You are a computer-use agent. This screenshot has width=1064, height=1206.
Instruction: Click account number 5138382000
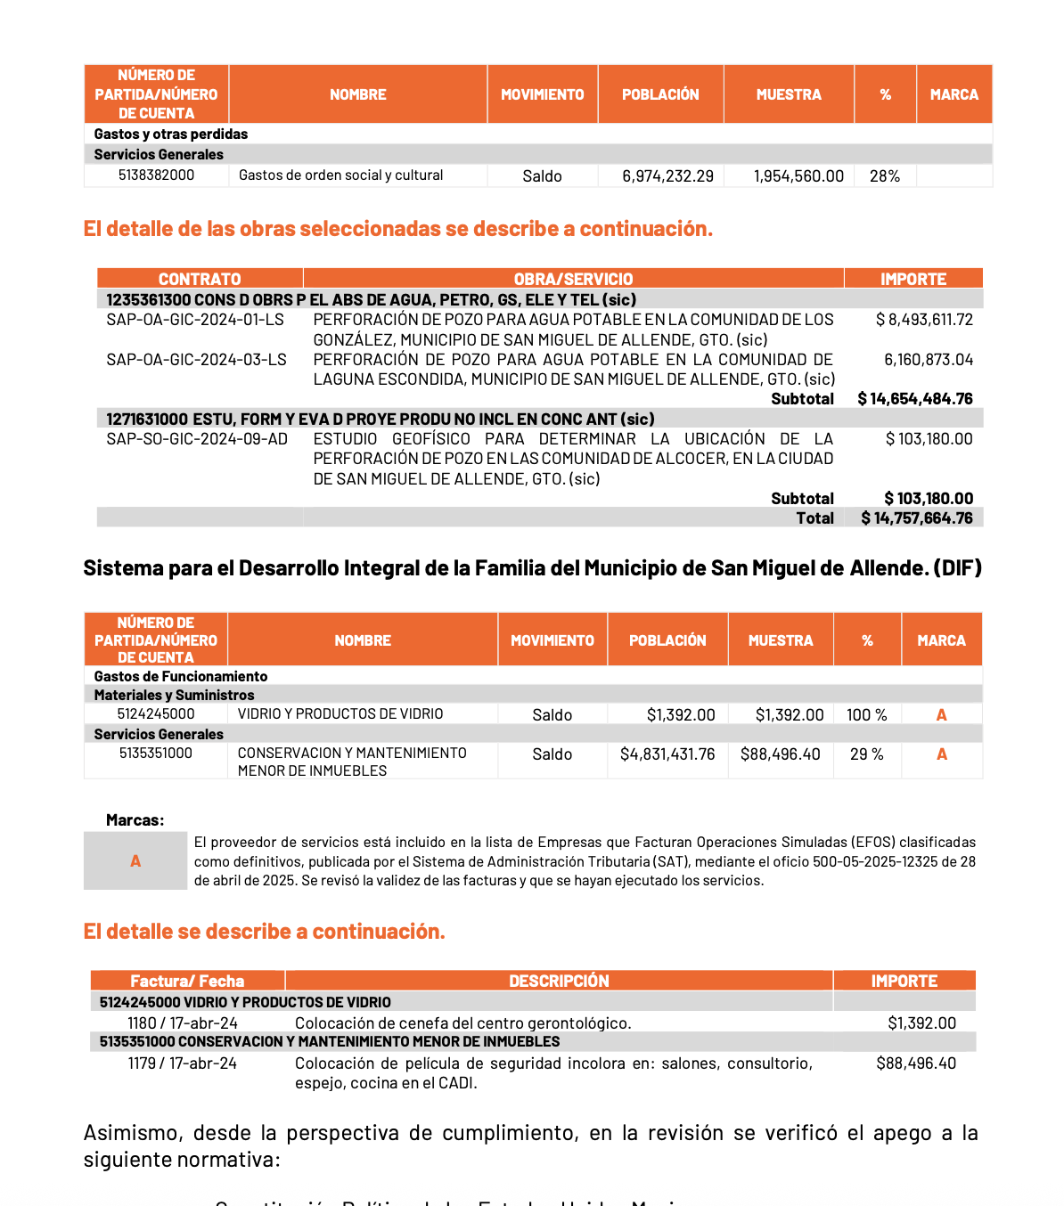[x=156, y=175]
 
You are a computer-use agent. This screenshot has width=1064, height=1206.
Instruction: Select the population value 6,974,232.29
[x=667, y=176]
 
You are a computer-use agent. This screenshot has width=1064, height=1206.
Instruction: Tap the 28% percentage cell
[x=885, y=176]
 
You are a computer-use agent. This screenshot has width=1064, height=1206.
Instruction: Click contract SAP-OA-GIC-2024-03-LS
[x=196, y=360]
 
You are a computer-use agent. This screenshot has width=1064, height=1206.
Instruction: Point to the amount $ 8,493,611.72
[x=924, y=320]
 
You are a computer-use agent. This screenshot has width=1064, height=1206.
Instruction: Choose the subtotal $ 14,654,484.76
[x=915, y=399]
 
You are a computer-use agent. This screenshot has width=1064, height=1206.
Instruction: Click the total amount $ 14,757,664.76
[x=917, y=518]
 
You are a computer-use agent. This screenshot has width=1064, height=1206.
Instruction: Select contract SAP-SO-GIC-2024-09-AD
[x=197, y=439]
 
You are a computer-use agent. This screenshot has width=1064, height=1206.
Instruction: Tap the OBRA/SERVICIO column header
[x=573, y=279]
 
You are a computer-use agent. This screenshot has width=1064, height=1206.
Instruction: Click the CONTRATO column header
[x=200, y=279]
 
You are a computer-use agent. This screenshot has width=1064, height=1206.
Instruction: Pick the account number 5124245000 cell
[x=156, y=714]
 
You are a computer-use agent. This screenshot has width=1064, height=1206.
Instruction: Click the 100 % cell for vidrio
[x=867, y=715]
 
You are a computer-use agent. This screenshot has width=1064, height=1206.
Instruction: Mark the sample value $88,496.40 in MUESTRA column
[x=780, y=754]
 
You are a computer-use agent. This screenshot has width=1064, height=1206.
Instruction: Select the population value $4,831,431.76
[x=667, y=754]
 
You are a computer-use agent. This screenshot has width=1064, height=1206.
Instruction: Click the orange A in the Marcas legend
[x=135, y=861]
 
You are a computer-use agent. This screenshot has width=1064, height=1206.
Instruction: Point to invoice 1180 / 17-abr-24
[x=183, y=1023]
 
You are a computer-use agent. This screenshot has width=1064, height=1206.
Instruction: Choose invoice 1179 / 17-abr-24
[x=183, y=1063]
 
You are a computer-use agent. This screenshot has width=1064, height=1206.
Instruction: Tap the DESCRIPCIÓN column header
[x=559, y=981]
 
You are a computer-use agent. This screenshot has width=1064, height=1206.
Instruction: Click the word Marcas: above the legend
[x=135, y=820]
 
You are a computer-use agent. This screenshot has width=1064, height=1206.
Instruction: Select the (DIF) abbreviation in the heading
[x=957, y=568]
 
